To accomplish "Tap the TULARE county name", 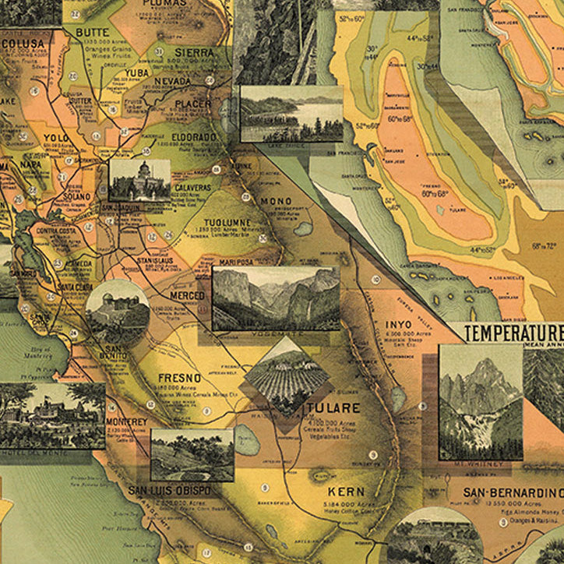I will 333,408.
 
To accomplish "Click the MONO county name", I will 276,201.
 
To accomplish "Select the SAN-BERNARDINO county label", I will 513,492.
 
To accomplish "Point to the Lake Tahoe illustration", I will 291,113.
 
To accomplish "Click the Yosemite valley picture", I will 276,298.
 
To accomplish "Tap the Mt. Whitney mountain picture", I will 481,401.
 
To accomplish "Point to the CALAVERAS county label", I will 188,188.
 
